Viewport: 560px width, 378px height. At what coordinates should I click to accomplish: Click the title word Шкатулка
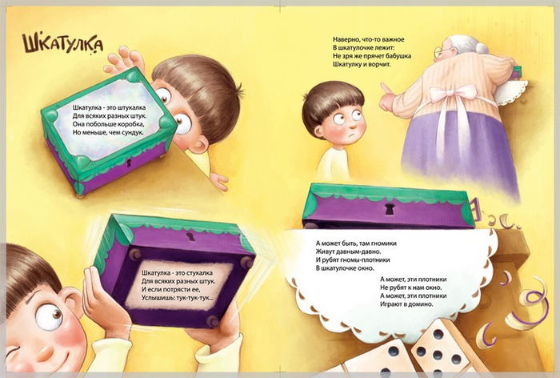tap(62, 44)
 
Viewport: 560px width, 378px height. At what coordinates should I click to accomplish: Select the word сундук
tap(133, 133)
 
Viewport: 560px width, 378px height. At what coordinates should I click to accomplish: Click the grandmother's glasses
tap(442, 52)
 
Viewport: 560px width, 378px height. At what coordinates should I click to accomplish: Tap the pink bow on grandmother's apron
tap(454, 94)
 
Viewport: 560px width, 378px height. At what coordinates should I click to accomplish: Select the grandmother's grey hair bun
tap(481, 47)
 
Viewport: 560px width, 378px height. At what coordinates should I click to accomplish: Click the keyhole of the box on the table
tap(390, 209)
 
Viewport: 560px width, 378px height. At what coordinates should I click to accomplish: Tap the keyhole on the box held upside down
tap(190, 236)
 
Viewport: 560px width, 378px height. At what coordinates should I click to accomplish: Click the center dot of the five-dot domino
tap(438, 355)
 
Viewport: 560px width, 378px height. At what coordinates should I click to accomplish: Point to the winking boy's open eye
tap(50, 316)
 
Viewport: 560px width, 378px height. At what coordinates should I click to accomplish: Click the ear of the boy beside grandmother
tap(318, 131)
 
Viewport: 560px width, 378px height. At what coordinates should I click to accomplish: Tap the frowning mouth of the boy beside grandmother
tap(352, 136)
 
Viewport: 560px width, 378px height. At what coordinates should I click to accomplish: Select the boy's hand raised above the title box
tap(125, 61)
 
